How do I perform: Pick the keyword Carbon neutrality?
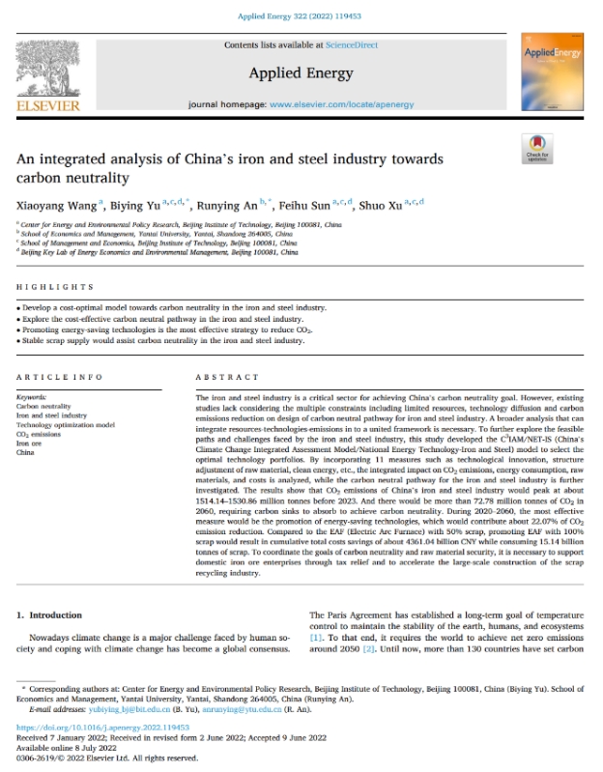click(x=44, y=407)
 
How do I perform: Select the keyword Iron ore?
click(x=30, y=443)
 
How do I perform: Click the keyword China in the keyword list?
click(x=26, y=451)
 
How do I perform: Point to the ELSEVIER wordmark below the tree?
click(x=47, y=105)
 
